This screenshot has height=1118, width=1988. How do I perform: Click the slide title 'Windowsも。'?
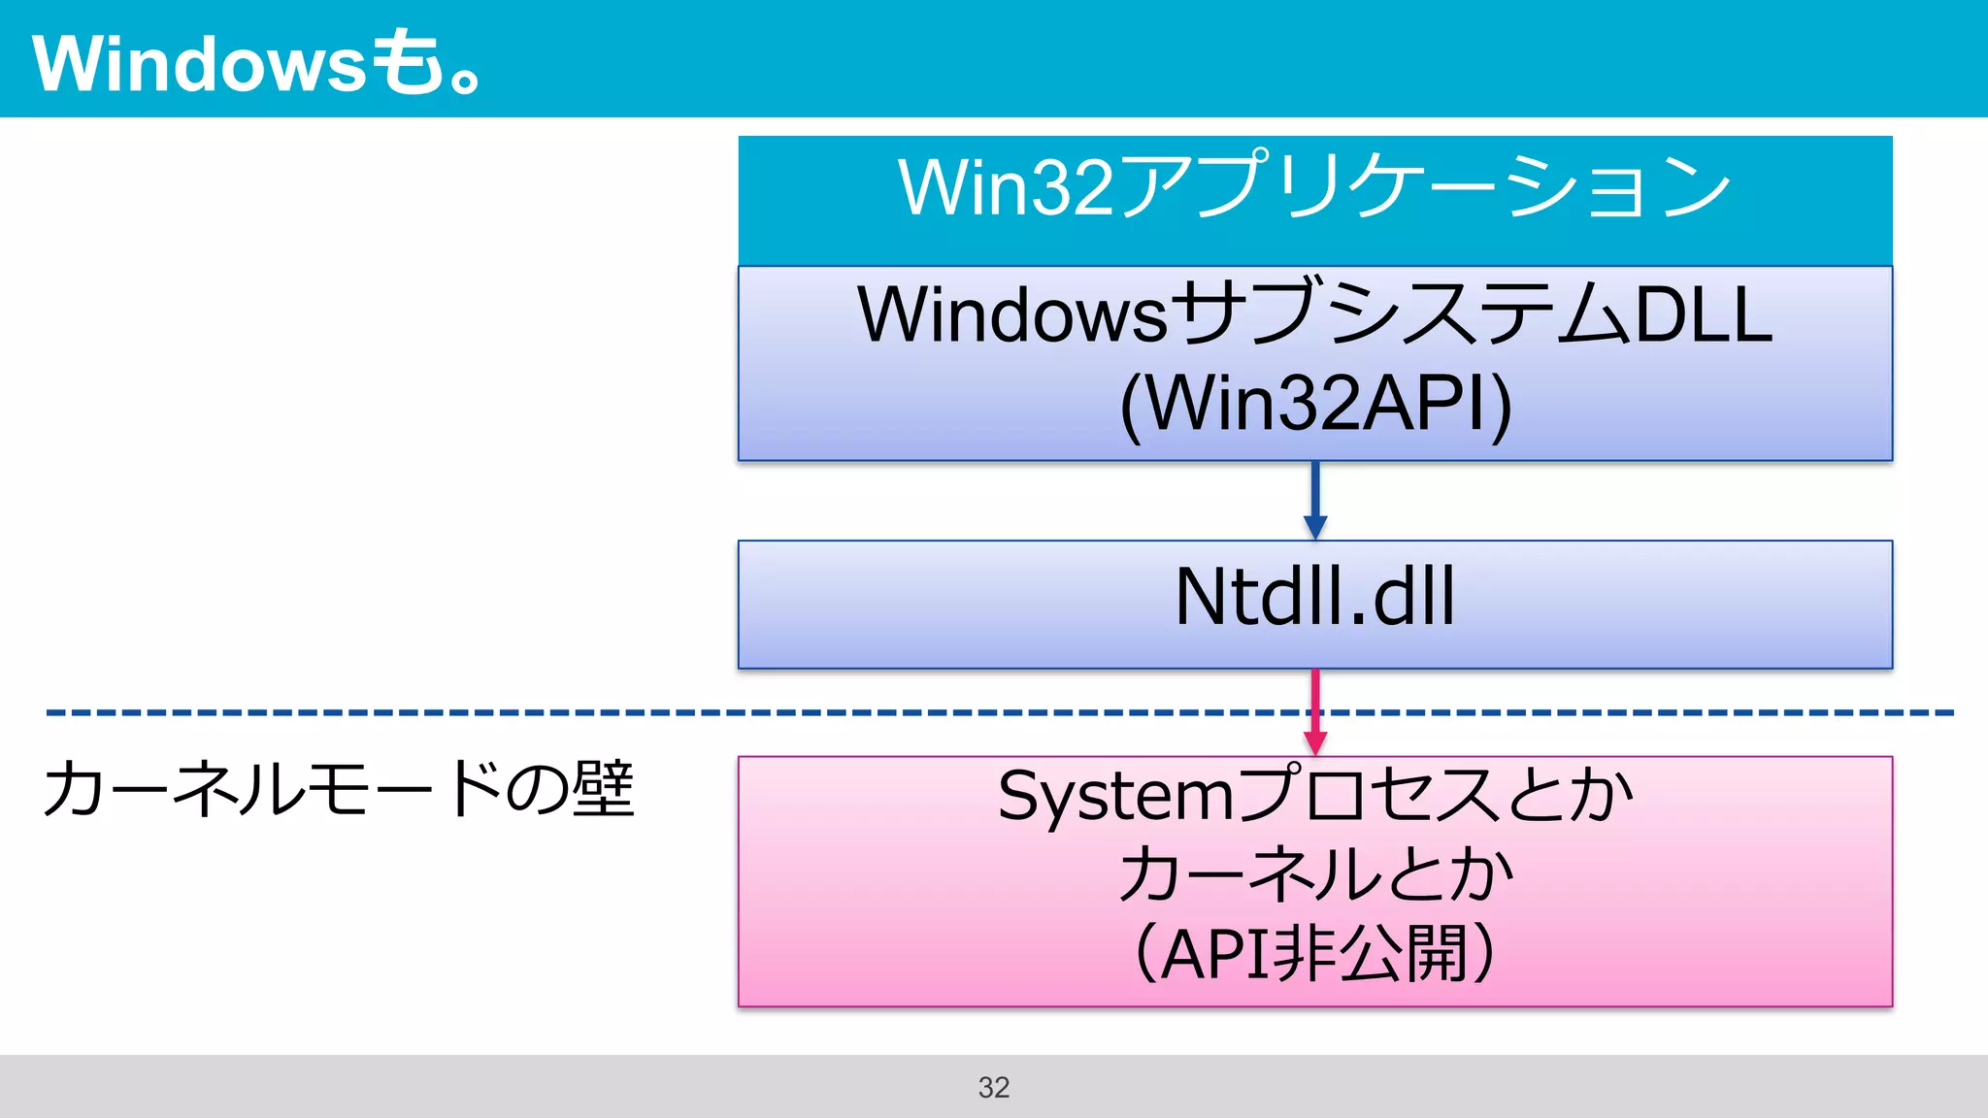click(257, 63)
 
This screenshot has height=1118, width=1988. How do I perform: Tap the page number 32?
click(993, 1087)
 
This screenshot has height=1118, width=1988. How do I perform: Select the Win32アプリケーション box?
click(1314, 199)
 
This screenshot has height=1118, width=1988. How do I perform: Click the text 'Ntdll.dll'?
click(1314, 597)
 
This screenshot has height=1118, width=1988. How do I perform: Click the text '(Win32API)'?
click(1315, 403)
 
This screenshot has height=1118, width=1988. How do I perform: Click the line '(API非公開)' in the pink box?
click(1314, 954)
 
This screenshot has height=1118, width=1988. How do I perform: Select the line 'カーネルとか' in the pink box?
click(1314, 874)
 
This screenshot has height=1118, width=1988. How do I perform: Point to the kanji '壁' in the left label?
click(603, 789)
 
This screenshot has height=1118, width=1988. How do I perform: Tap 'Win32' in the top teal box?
click(1005, 186)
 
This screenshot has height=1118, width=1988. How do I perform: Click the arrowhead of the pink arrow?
click(1315, 742)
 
